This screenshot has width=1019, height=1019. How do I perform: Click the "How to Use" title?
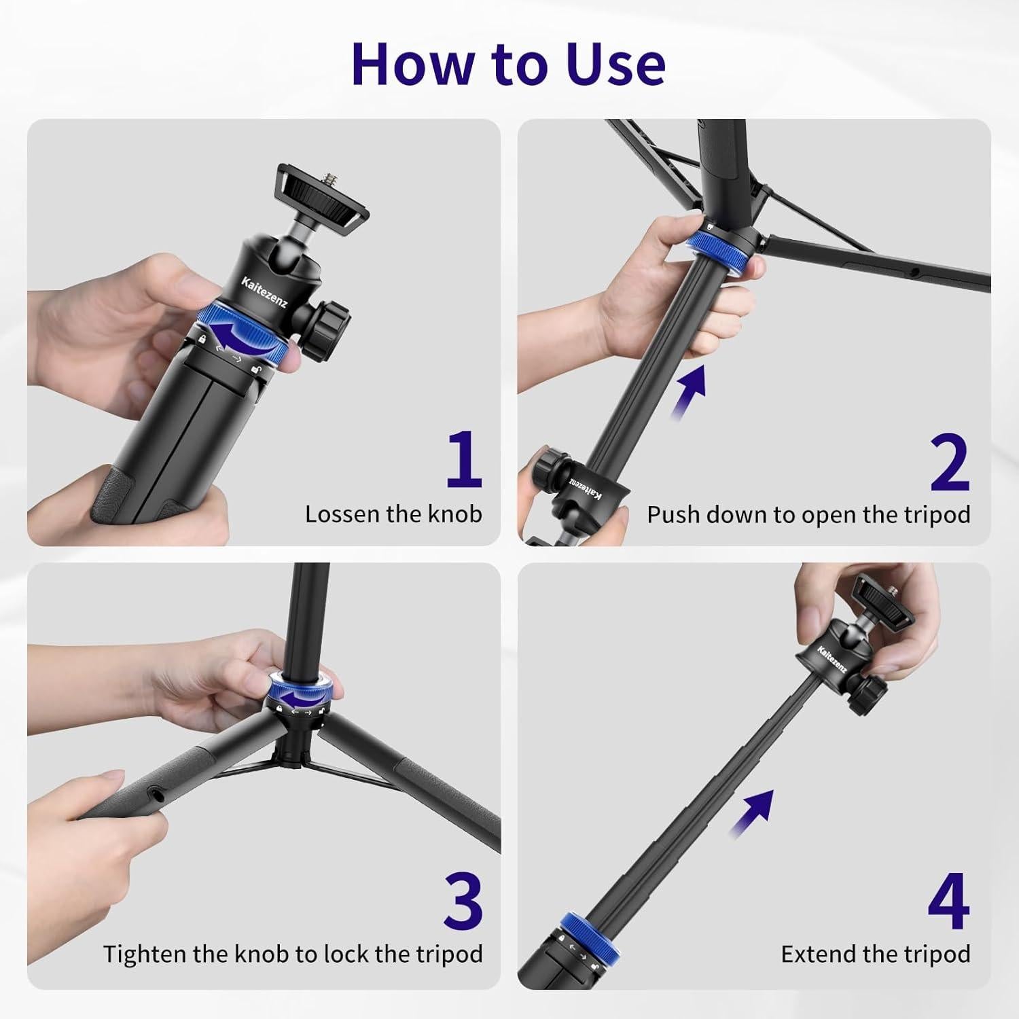pyautogui.click(x=508, y=64)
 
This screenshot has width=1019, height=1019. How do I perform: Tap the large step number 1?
pyautogui.click(x=464, y=460)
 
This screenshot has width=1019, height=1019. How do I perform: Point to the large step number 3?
pyautogui.click(x=463, y=900)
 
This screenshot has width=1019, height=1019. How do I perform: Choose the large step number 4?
pyautogui.click(x=948, y=901)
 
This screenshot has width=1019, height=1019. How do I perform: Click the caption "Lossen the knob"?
pyautogui.click(x=393, y=514)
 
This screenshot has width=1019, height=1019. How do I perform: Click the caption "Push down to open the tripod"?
pyautogui.click(x=808, y=515)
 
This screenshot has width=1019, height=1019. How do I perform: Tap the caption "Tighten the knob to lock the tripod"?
pyautogui.click(x=293, y=954)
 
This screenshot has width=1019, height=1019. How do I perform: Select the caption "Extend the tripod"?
pyautogui.click(x=875, y=954)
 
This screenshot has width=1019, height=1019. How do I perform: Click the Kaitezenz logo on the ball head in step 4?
pyautogui.click(x=831, y=660)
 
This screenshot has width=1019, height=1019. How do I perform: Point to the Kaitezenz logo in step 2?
pyautogui.click(x=584, y=488)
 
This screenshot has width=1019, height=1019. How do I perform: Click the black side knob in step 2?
pyautogui.click(x=546, y=468)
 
